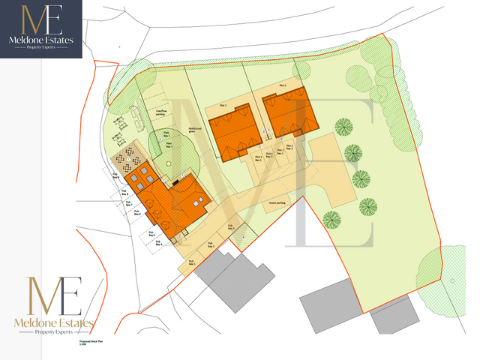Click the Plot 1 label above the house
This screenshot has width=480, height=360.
223,106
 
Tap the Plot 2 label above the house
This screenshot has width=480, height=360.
282,87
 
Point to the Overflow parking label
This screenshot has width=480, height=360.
161,110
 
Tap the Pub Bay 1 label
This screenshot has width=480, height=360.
193,263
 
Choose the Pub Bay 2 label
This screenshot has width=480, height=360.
211,245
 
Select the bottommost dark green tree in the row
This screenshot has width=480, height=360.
331,219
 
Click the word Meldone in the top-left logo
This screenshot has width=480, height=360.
33,40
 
